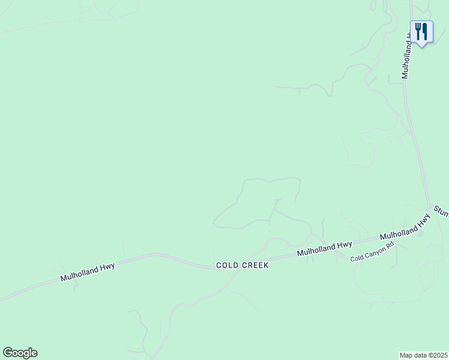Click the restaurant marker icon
pyautogui.click(x=421, y=32)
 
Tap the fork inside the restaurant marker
pyautogui.click(x=418, y=31)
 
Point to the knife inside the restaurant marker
pyautogui.click(x=425, y=31)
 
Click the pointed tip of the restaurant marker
pyautogui.click(x=421, y=46)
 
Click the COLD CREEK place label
pyautogui.click(x=242, y=265)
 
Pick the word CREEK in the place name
pyautogui.click(x=255, y=265)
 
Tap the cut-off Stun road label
pyautogui.click(x=441, y=211)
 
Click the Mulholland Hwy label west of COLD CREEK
pyautogui.click(x=88, y=271)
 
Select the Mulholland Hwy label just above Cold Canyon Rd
pyautogui.click(x=324, y=249)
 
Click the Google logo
pyautogui.click(x=20, y=353)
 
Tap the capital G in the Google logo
pyautogui.click(x=7, y=353)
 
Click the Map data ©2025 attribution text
pyautogui.click(x=423, y=355)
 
